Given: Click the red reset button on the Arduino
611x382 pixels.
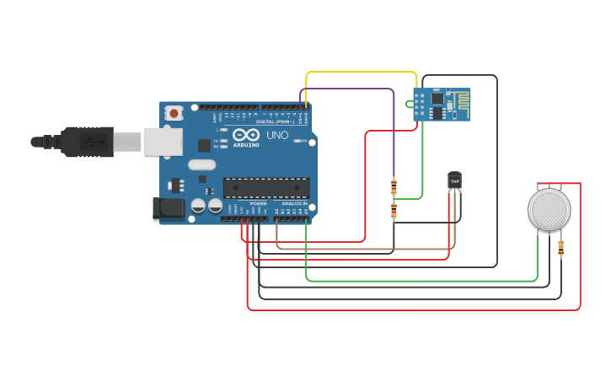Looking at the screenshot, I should pos(174,112).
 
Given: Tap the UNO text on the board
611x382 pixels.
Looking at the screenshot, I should pos(277,135).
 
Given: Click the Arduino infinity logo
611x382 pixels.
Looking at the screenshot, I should pos(247,135).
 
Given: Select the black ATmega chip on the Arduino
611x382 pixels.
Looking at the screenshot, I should pos(265,187).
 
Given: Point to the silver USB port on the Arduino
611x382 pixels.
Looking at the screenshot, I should pos(163,142).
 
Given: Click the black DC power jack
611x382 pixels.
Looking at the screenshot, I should pos(169,208).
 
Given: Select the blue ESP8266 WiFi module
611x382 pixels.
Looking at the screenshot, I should pos(442,105).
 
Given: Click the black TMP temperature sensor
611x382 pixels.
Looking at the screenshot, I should pos(455,181).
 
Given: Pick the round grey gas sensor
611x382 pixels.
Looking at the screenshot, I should pos(549,208).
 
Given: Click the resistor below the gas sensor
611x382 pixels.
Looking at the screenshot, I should pos(561,247).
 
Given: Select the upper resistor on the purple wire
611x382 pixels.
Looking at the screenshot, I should pos(394,186).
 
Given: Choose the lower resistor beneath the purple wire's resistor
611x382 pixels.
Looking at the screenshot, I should pos(394,210).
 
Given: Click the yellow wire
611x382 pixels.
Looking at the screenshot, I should pos(362,73).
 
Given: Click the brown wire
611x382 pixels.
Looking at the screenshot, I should pos(362,250).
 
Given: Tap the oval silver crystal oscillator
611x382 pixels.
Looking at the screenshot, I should pos(202,165).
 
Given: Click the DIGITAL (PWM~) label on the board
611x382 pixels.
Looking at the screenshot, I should pos(281,121).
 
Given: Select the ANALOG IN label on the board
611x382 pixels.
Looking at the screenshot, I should pos(294,203).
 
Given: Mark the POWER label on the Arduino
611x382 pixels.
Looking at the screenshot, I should pos(259,203).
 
